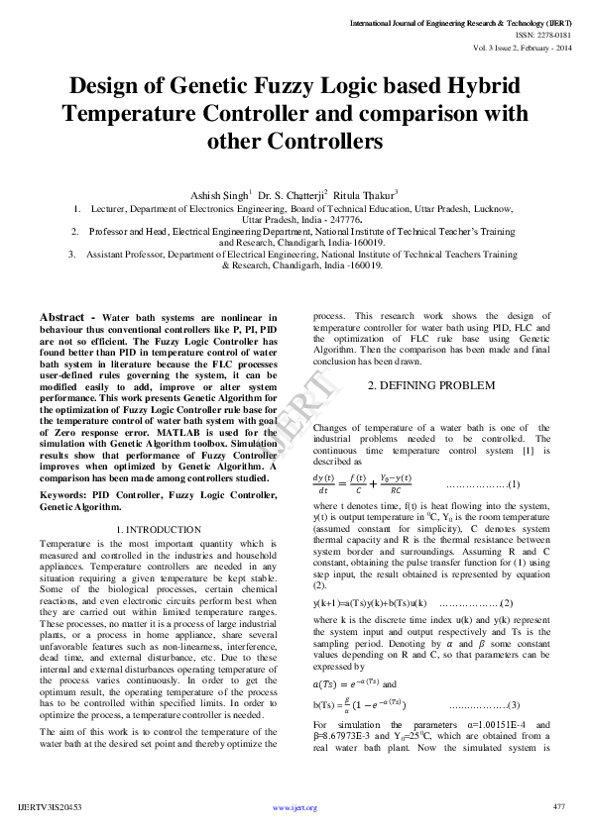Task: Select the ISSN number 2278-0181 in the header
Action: tap(548, 33)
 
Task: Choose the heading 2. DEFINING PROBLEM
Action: tap(417, 384)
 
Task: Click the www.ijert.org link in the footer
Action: tap(295, 808)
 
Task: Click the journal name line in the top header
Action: tap(460, 21)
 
